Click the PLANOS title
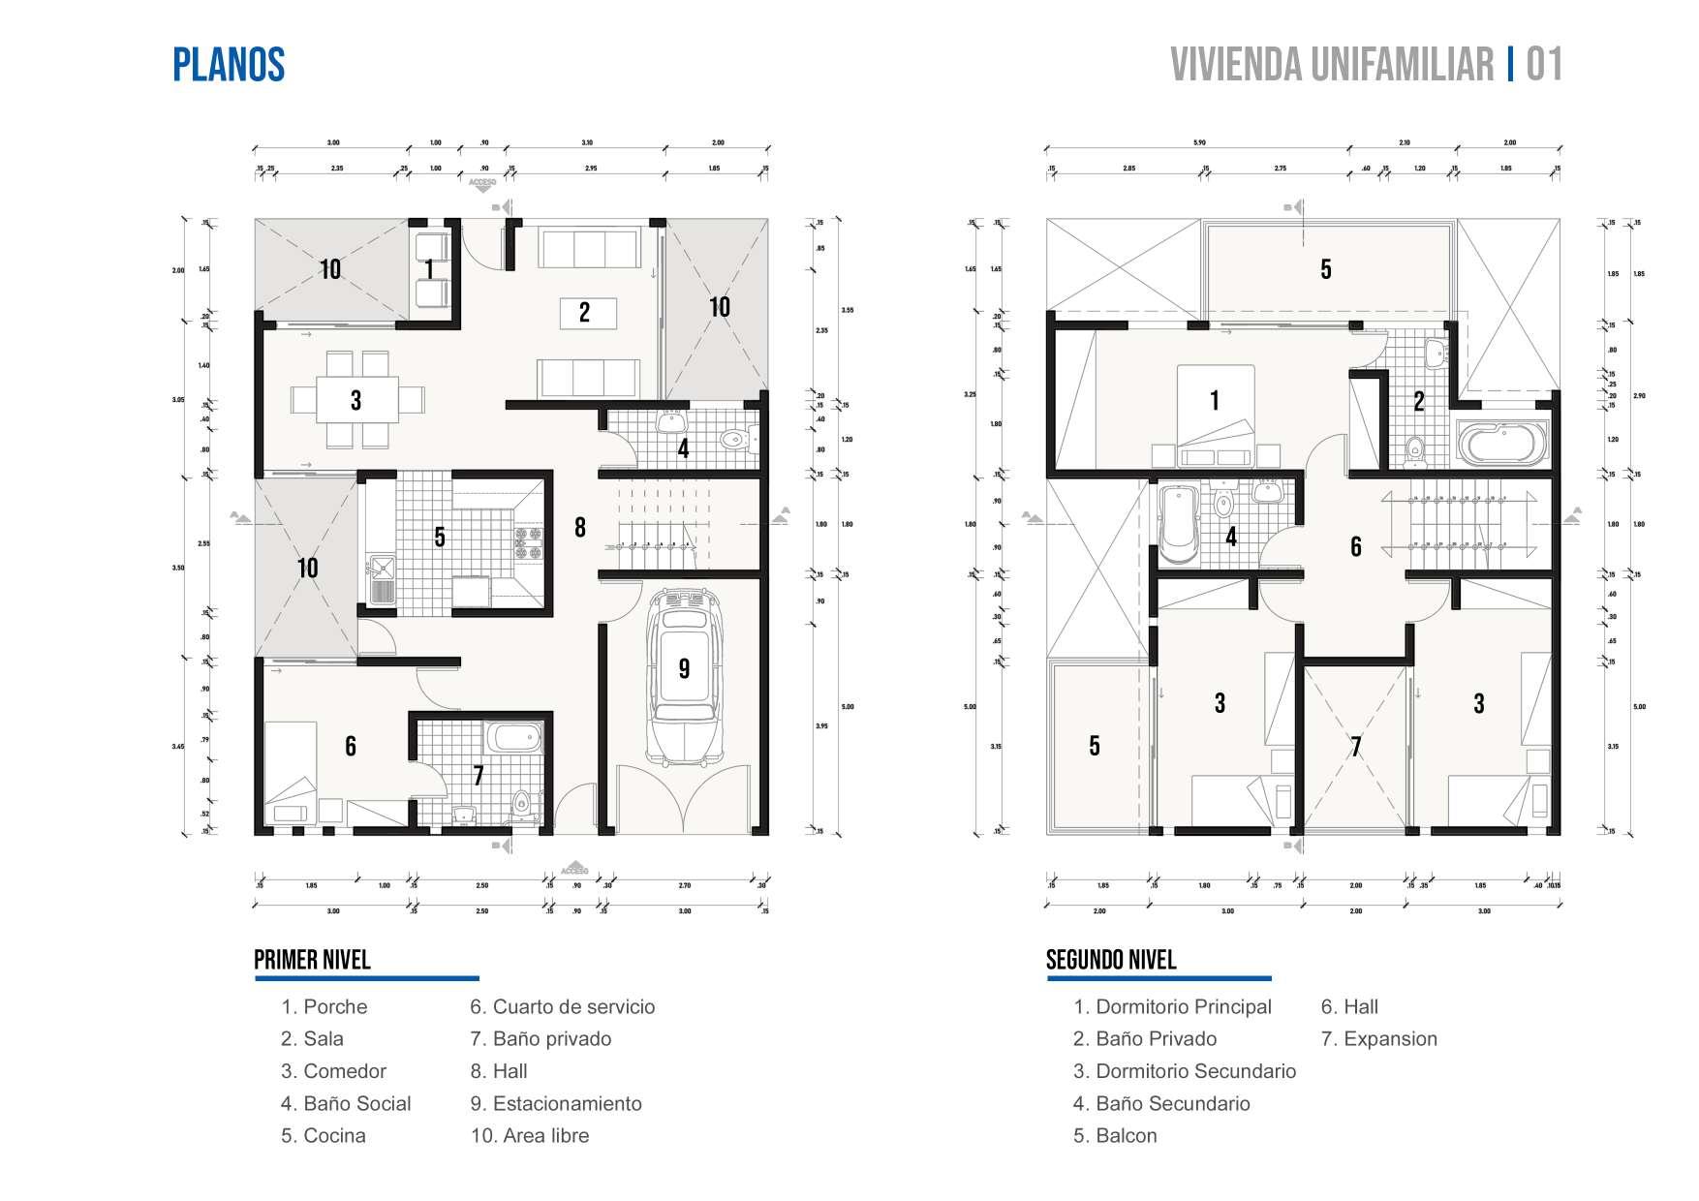(229, 65)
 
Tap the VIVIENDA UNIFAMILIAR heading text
(1332, 65)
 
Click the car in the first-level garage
(684, 678)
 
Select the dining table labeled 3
(356, 399)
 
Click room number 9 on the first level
(684, 668)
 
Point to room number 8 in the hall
(579, 527)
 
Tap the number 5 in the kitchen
(440, 537)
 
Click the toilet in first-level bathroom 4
(736, 440)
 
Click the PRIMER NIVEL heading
(312, 960)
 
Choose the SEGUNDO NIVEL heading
(1111, 960)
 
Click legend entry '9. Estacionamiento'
(556, 1103)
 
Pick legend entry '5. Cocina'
(324, 1135)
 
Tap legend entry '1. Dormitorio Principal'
(1172, 1006)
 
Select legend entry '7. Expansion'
(1378, 1038)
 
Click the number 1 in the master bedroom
(1215, 399)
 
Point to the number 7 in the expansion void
(1356, 746)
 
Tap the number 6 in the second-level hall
(1356, 546)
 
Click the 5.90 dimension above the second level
(1199, 142)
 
